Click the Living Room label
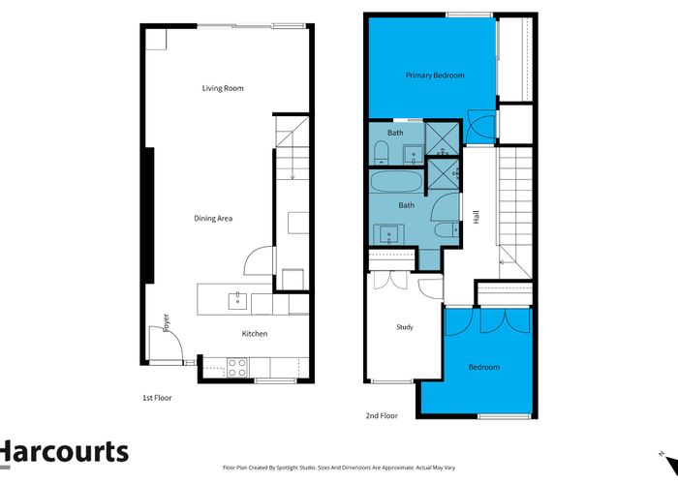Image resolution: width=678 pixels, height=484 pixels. tap(223, 88)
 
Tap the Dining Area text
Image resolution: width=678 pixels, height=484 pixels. tap(213, 218)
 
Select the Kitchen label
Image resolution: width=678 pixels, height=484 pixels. tap(254, 334)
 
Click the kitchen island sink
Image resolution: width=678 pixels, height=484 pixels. tap(236, 300)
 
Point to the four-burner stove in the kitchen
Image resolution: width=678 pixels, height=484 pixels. tap(236, 366)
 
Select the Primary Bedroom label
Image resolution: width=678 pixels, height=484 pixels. tap(435, 76)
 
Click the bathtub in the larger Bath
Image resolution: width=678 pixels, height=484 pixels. tap(395, 182)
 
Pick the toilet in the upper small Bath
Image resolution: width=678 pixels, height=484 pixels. tap(381, 150)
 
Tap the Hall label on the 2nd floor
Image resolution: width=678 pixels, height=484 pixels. tap(477, 219)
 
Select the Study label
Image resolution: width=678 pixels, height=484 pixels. tap(405, 327)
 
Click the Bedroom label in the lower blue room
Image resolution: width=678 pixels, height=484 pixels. tap(484, 367)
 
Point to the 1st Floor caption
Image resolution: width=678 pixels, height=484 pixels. tap(157, 397)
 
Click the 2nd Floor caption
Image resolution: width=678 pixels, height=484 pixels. tap(382, 415)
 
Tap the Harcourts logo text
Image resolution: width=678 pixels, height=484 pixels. tap(64, 451)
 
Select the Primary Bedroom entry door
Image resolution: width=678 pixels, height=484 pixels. tap(480, 125)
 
